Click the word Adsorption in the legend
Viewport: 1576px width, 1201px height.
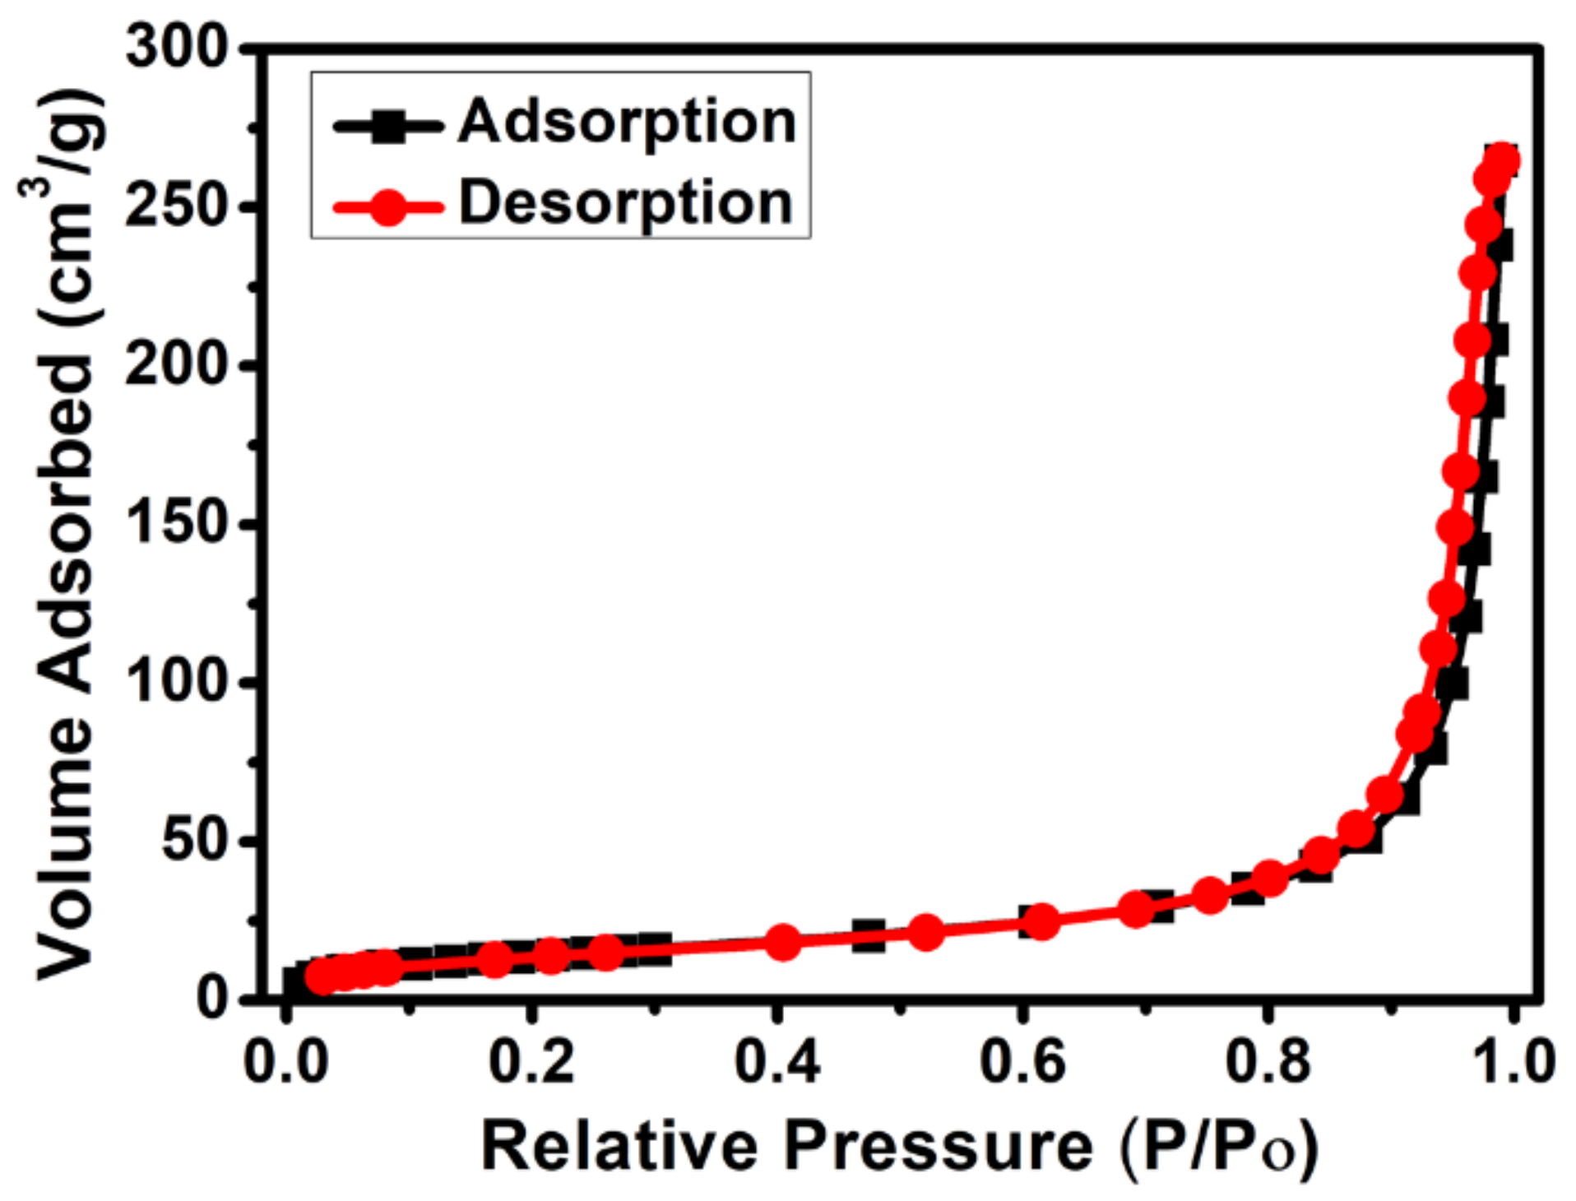pyautogui.click(x=627, y=122)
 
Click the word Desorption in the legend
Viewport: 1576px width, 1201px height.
pyautogui.click(x=625, y=202)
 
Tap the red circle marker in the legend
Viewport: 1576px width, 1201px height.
pyautogui.click(x=388, y=206)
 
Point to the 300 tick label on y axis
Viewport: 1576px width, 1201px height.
pyautogui.click(x=176, y=46)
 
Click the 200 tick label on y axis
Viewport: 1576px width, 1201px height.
pyautogui.click(x=176, y=363)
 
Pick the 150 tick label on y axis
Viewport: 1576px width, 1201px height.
pyautogui.click(x=176, y=522)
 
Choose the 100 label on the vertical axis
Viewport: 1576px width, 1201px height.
pyautogui.click(x=176, y=681)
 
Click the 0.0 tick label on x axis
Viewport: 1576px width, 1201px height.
pyautogui.click(x=286, y=1061)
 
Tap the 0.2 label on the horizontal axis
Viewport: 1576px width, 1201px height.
pyautogui.click(x=531, y=1061)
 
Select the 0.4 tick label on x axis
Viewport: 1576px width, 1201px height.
pyautogui.click(x=776, y=1061)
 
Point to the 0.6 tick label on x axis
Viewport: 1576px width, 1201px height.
pyautogui.click(x=1022, y=1061)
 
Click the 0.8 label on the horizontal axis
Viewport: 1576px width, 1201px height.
pyautogui.click(x=1267, y=1061)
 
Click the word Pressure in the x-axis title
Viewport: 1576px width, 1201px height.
pyautogui.click(x=938, y=1147)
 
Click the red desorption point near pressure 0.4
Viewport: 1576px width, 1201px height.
pyautogui.click(x=783, y=942)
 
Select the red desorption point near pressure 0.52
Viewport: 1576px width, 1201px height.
pyautogui.click(x=926, y=932)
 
